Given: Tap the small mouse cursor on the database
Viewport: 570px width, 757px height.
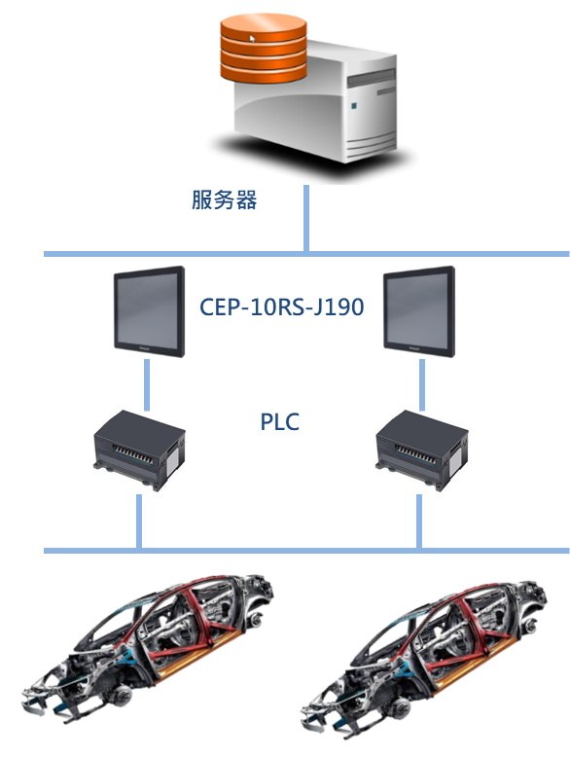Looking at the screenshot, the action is pos(252,39).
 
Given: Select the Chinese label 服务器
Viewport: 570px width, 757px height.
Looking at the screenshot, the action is pos(225,199).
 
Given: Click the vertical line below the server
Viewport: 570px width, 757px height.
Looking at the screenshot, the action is pos(306,218).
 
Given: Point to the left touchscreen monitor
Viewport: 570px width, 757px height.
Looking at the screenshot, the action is pos(150,311).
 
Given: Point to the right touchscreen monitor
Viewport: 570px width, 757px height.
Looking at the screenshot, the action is pos(419,311).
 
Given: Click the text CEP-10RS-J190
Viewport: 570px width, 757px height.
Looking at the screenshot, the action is pos(282,306).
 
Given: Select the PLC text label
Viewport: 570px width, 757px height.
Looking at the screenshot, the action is pos(280,421).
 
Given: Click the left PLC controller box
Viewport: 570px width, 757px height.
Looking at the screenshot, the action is pos(139,450).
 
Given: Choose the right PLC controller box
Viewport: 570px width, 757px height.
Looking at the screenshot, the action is pos(422,450).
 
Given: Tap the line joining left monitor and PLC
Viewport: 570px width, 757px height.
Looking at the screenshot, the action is pos(147,384).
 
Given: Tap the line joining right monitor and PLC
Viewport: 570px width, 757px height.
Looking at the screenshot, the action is pos(422,384).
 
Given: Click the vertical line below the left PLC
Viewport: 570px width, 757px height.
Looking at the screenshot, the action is pos(139,522).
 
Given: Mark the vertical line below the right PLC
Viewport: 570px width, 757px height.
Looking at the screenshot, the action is pos(419,522).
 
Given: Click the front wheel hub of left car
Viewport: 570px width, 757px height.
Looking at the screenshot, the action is pos(121,696).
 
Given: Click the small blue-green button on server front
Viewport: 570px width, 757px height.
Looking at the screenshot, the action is pos(353,105).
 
